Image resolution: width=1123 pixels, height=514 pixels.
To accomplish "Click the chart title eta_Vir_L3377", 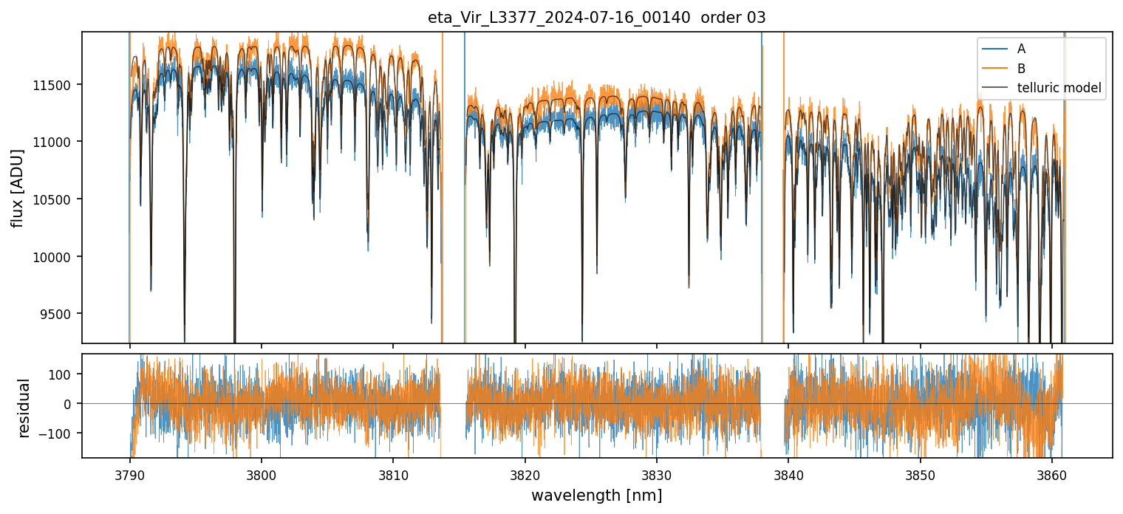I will coord(596,18).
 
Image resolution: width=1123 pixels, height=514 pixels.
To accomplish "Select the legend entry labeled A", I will coord(1021,49).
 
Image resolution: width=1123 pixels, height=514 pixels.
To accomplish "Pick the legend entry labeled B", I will coord(1021,69).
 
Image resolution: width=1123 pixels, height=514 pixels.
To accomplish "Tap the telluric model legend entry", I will coord(1059,88).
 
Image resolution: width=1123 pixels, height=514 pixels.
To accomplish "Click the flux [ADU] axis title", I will coord(17,188).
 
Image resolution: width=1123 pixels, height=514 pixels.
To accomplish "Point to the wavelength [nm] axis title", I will coord(596,495).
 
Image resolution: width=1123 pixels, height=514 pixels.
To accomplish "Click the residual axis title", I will coord(24,408).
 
